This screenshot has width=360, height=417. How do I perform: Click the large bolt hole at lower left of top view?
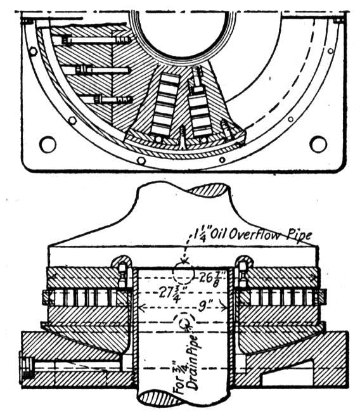[x=48, y=144]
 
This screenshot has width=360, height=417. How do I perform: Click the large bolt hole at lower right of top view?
[x=318, y=144]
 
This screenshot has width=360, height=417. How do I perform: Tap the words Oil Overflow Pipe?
[x=270, y=236]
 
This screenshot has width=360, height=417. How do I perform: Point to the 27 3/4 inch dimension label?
[x=170, y=294]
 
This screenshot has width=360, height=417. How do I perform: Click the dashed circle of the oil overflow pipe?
[x=183, y=274]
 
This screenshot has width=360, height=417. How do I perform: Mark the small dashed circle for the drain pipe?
[x=184, y=324]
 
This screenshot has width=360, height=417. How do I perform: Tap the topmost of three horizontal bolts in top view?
[x=96, y=40]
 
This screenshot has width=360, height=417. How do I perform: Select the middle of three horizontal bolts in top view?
[x=103, y=70]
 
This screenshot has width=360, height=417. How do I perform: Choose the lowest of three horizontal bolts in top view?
[x=113, y=100]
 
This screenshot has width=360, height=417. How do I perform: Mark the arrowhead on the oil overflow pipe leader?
[x=184, y=259]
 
